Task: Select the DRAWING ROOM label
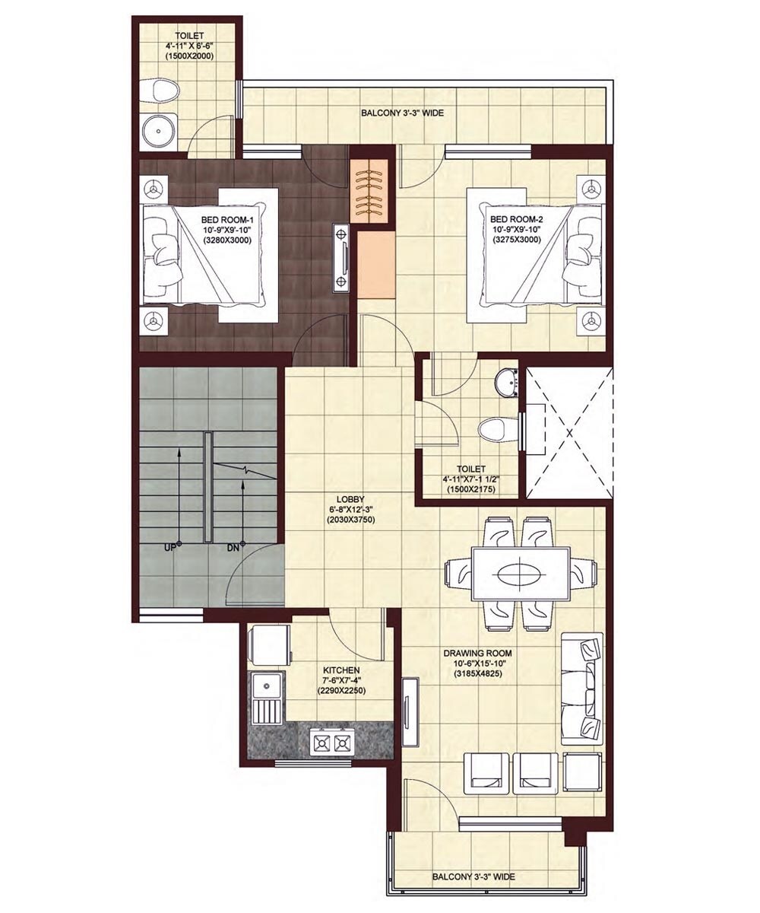(x=483, y=653)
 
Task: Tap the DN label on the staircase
(x=234, y=546)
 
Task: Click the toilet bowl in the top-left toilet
(x=164, y=91)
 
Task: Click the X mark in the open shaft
(x=569, y=431)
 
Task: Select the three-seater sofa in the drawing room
(x=583, y=688)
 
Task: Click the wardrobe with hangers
(x=372, y=188)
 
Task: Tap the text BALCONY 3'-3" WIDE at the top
(x=403, y=113)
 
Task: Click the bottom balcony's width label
(x=473, y=876)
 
